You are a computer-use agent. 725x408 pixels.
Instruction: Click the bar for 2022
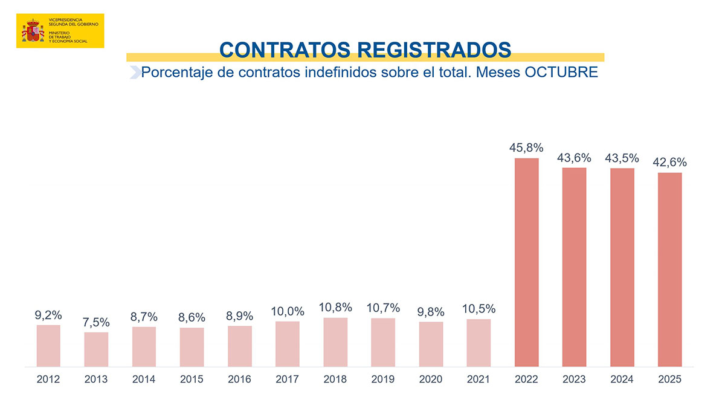pos(526,262)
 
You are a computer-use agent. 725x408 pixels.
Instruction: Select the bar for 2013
pos(96,349)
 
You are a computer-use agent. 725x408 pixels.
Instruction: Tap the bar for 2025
pos(669,270)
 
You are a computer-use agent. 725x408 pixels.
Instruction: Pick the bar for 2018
pos(335,342)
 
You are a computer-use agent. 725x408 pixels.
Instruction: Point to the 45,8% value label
pos(526,147)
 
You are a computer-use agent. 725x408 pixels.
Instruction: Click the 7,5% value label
pos(96,323)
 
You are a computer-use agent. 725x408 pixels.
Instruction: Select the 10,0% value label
pos(288,311)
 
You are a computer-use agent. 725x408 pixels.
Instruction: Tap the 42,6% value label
pos(669,163)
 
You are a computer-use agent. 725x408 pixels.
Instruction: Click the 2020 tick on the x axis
pos(431,380)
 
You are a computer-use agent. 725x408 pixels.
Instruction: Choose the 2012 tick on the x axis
pos(48,380)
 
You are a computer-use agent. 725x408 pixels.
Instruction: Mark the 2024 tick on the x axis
pos(622,380)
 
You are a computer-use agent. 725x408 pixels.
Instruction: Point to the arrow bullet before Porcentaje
pos(134,73)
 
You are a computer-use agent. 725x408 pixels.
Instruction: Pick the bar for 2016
pos(240,346)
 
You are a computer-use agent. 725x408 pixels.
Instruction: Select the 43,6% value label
pos(574,157)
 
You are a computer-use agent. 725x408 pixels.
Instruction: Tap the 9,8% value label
pos(431,312)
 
